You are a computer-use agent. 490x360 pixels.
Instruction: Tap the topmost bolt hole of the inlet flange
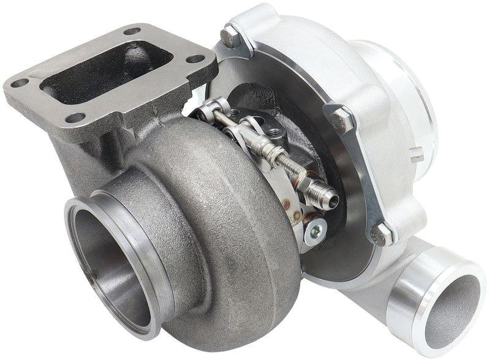[132, 31]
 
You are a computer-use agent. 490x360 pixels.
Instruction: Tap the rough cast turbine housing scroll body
[233, 202]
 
